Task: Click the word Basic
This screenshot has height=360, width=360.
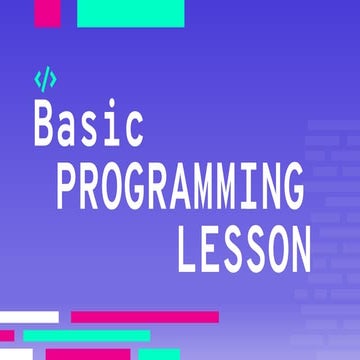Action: point(89,126)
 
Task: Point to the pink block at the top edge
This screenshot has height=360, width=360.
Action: point(47,12)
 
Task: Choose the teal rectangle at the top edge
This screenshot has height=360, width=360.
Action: point(131,12)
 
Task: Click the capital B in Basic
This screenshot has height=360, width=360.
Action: point(45,126)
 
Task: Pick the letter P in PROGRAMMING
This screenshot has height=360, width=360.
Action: point(68,187)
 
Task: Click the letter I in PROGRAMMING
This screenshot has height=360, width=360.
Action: point(243,187)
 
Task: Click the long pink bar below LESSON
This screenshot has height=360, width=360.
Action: point(145,317)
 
